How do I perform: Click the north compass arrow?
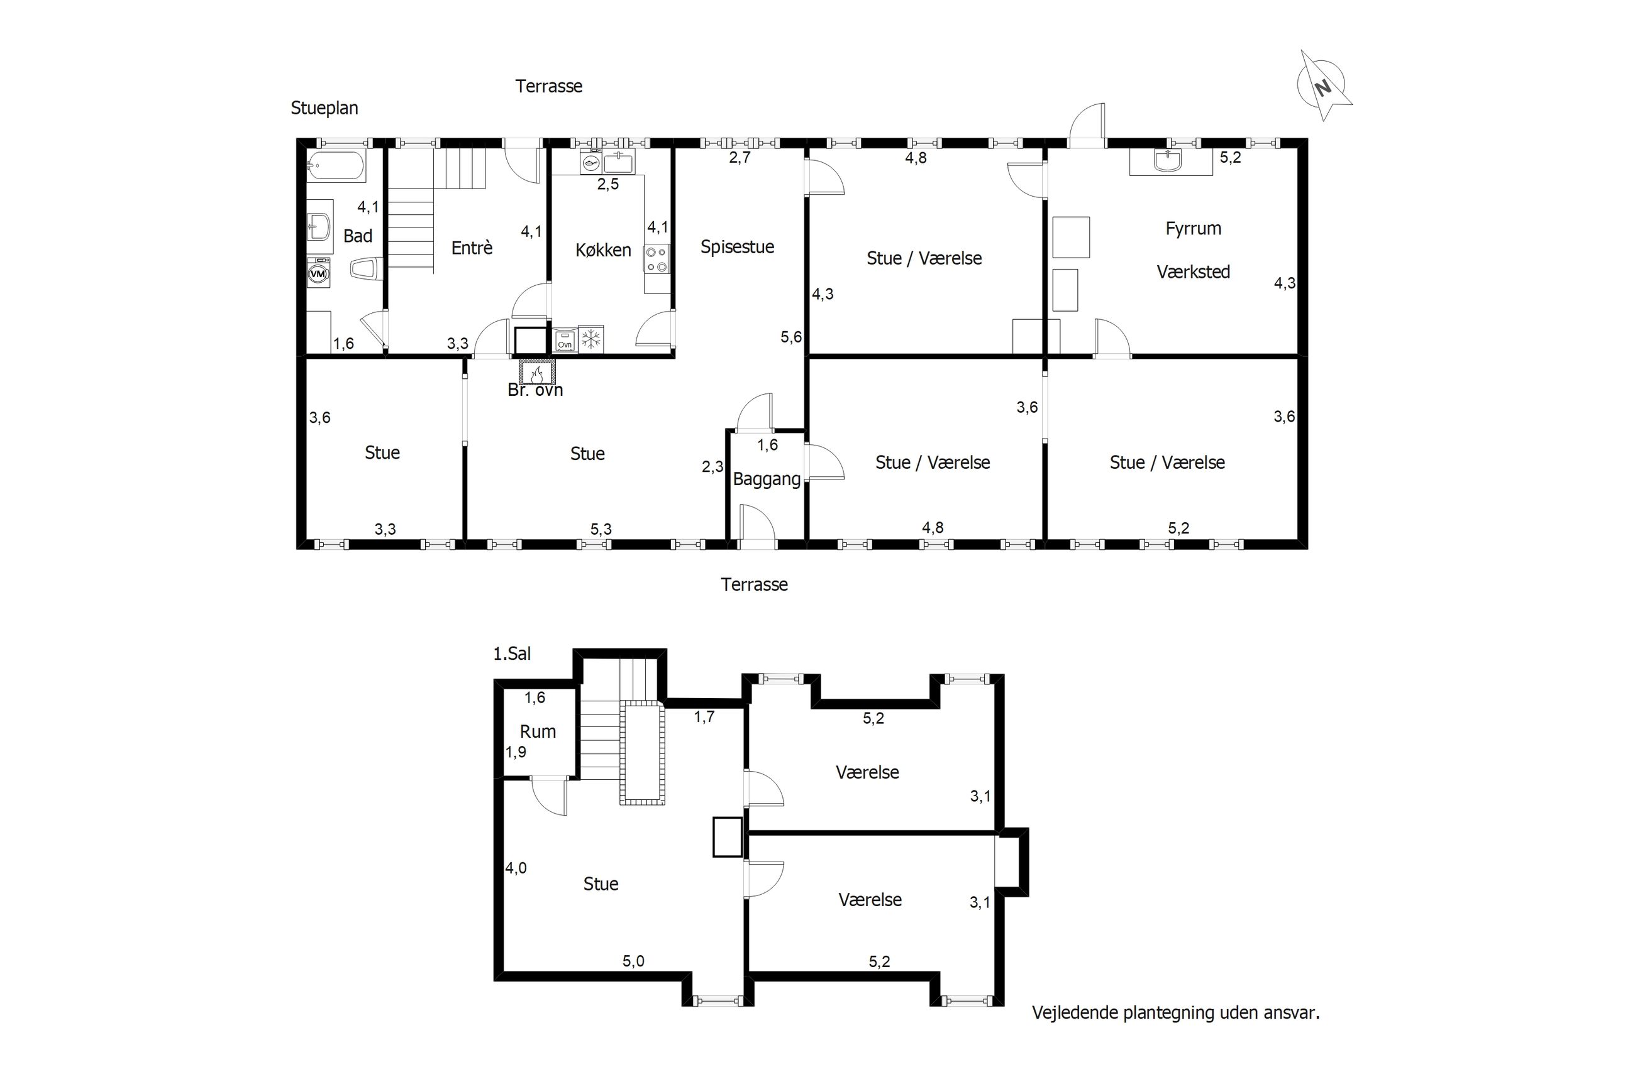point(1324,87)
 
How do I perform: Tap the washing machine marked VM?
point(318,273)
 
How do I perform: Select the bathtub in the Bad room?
point(336,165)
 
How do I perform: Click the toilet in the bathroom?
point(366,269)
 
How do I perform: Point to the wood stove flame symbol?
point(536,374)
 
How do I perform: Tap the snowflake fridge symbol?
point(590,339)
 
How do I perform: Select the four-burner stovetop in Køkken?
point(657,259)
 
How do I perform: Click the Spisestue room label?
point(736,247)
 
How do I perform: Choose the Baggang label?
point(767,479)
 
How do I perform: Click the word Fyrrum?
point(1193,229)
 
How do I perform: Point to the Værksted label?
point(1193,271)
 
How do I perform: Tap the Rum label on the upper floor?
point(538,731)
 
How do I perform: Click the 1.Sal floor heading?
point(512,654)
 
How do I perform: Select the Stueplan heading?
point(324,108)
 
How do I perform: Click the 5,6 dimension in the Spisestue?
point(790,337)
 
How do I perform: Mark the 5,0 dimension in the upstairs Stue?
point(633,961)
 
